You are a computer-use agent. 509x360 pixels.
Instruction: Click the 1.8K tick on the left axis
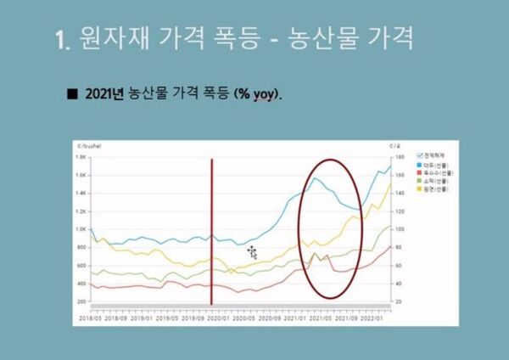pos(81,157)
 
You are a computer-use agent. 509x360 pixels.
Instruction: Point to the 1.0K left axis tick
pos(81,229)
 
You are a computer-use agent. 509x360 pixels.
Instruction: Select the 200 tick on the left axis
pos(82,301)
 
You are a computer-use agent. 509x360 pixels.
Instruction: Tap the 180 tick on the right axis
pos(396,157)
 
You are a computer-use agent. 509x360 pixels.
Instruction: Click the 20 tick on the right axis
pos(395,301)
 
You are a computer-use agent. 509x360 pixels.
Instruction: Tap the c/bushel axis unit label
pos(89,146)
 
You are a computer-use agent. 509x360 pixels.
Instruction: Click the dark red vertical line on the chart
pos(211,229)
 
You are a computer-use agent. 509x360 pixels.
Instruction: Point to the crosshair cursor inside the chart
pos(252,251)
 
